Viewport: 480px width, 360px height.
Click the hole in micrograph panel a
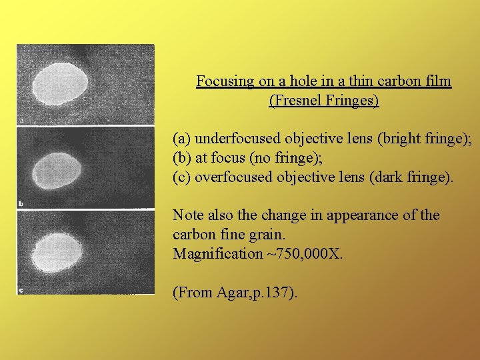pyautogui.click(x=61, y=85)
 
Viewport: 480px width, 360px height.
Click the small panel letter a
pyautogui.click(x=21, y=121)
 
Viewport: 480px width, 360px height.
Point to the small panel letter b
pyautogui.click(x=21, y=203)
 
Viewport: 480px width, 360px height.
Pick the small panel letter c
pyautogui.click(x=21, y=290)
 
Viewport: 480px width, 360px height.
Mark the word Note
pyautogui.click(x=188, y=215)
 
